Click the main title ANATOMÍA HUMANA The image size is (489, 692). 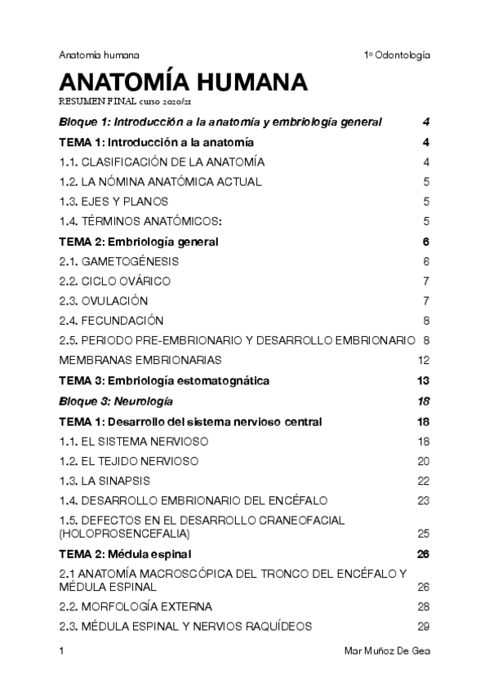tap(183, 83)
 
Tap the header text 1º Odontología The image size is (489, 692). tap(397, 55)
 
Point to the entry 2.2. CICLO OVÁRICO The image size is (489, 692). tap(115, 281)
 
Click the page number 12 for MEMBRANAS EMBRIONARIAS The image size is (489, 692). tap(423, 360)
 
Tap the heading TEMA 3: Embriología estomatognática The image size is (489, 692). tap(164, 380)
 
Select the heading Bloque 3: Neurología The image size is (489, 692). tap(116, 401)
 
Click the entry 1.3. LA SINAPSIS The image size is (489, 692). tap(104, 481)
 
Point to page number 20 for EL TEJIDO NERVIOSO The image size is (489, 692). tap(423, 461)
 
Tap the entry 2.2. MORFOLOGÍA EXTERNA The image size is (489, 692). tap(136, 606)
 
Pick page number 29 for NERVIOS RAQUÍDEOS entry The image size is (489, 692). tap(423, 626)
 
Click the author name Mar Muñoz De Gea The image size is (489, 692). tap(388, 651)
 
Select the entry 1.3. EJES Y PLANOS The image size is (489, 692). tap(113, 202)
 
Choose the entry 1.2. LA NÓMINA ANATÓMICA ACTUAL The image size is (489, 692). tap(161, 182)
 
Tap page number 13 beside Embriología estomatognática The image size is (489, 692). tap(423, 380)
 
